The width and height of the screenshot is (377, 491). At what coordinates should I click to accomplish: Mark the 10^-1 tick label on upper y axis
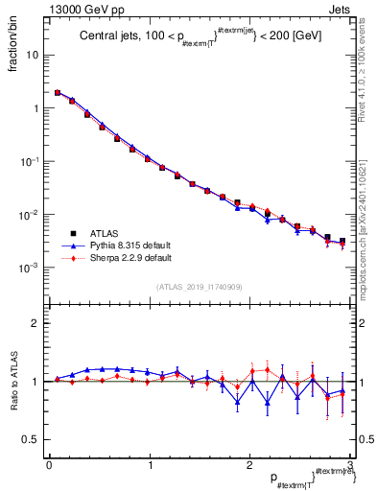[31, 161]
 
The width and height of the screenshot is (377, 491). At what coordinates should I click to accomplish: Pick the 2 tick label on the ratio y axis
[36, 324]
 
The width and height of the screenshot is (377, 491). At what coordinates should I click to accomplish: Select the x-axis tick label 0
[48, 465]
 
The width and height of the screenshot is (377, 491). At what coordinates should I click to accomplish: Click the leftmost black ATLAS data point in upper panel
[58, 93]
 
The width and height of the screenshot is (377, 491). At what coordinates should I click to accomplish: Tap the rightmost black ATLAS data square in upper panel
[342, 241]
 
